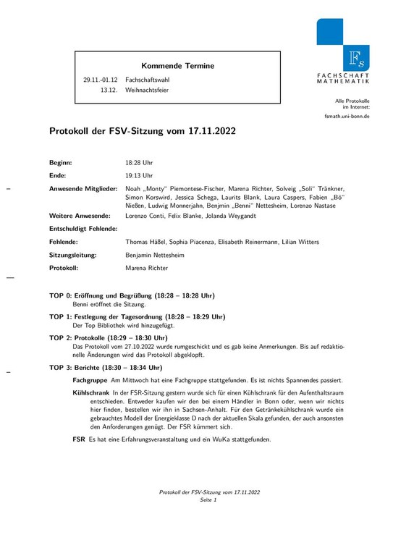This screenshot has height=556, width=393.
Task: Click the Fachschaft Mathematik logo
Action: coord(342,51)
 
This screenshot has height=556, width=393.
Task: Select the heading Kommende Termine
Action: coord(177,66)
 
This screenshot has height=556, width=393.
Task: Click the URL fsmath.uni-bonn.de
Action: coord(347,117)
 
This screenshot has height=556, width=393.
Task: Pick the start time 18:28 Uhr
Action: coord(139,163)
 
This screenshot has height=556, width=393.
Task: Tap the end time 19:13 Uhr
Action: coord(139,175)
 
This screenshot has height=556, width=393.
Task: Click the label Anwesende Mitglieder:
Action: coord(83,188)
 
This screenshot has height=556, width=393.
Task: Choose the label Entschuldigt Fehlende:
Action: coord(83,229)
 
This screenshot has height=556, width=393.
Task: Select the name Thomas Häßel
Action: coord(147,242)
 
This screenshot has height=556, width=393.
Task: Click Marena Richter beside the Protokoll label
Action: coord(147,268)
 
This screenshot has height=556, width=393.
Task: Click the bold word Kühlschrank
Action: coord(90,392)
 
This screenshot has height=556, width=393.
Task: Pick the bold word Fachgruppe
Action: coord(90,380)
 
